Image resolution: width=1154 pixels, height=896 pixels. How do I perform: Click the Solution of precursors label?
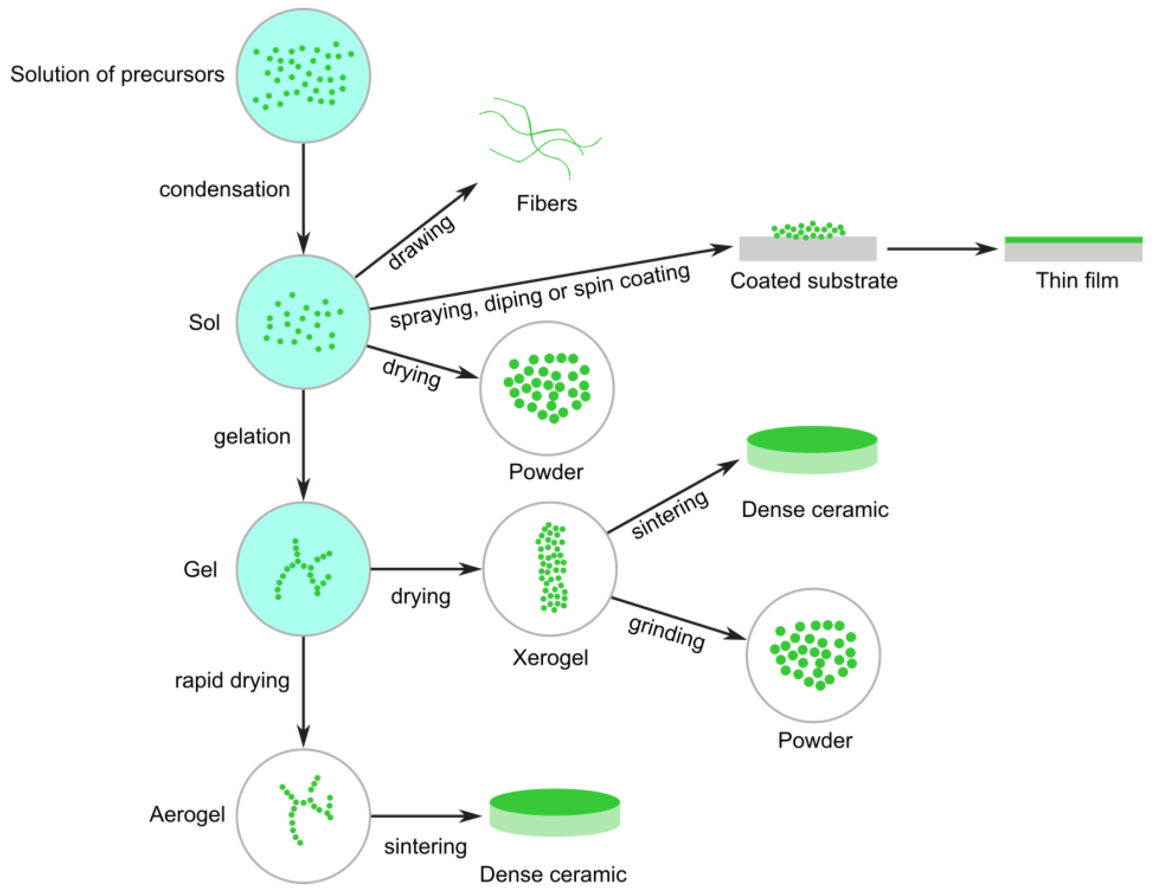(x=117, y=75)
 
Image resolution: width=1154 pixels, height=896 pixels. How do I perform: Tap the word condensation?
(x=224, y=189)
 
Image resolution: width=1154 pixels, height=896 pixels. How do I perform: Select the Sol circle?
(x=303, y=322)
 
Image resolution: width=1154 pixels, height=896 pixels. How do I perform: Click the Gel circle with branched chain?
(x=303, y=569)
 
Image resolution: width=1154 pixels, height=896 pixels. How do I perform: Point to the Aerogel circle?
(x=303, y=815)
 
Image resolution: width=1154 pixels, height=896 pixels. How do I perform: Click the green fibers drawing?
(x=539, y=137)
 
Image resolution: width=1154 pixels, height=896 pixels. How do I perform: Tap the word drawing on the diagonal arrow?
(x=421, y=242)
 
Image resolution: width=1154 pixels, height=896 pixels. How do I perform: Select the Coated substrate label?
(x=814, y=281)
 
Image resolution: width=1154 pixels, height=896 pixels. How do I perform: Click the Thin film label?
(x=1077, y=280)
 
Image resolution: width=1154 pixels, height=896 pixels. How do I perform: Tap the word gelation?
(x=252, y=437)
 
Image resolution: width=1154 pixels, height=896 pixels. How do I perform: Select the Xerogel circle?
(x=549, y=569)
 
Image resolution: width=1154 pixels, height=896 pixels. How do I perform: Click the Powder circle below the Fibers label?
(x=547, y=388)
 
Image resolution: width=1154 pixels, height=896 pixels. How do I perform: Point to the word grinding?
(x=667, y=633)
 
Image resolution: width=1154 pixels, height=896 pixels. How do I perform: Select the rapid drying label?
(x=232, y=680)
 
